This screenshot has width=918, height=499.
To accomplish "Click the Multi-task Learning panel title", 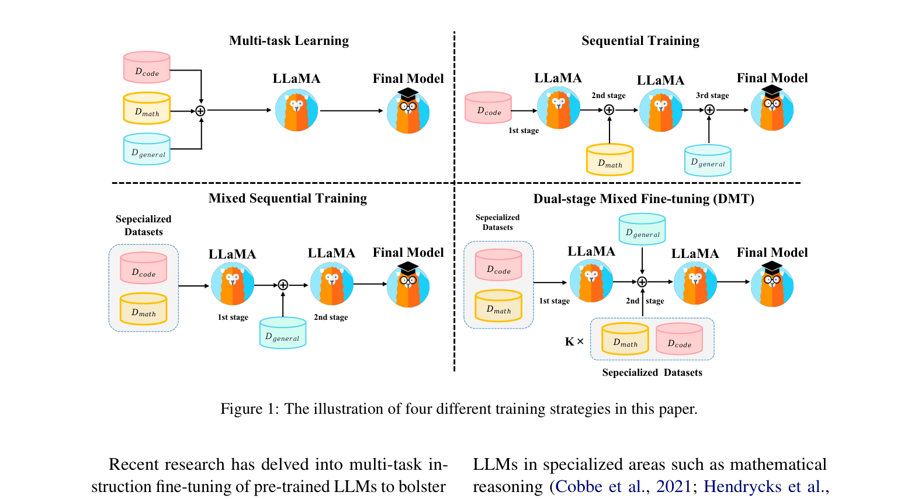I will (289, 41).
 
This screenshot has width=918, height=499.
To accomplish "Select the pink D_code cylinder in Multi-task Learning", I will (147, 68).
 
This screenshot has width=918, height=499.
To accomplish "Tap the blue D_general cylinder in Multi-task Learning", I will (147, 149).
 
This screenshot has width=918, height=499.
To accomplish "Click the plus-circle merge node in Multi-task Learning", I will (200, 111).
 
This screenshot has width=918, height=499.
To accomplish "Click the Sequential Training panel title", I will (640, 41).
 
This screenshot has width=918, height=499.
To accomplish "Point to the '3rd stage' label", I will (712, 96).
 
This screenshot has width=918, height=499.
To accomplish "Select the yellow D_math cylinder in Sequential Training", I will (609, 160).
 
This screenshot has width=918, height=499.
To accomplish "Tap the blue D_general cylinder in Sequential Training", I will (708, 160).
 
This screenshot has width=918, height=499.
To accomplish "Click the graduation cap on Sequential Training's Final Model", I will (772, 91).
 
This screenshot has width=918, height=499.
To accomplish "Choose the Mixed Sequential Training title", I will (287, 198).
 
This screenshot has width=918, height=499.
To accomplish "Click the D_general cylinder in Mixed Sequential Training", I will (283, 333).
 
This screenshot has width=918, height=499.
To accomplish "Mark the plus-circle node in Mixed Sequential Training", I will (283, 285).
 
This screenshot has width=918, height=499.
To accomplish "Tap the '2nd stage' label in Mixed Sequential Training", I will (331, 317).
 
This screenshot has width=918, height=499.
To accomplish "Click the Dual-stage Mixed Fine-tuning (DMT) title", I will (643, 199).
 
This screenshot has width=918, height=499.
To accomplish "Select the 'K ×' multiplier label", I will (574, 341).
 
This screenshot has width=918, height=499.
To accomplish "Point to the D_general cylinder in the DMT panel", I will (642, 229).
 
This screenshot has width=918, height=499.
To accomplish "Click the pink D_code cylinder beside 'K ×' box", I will (679, 339).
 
